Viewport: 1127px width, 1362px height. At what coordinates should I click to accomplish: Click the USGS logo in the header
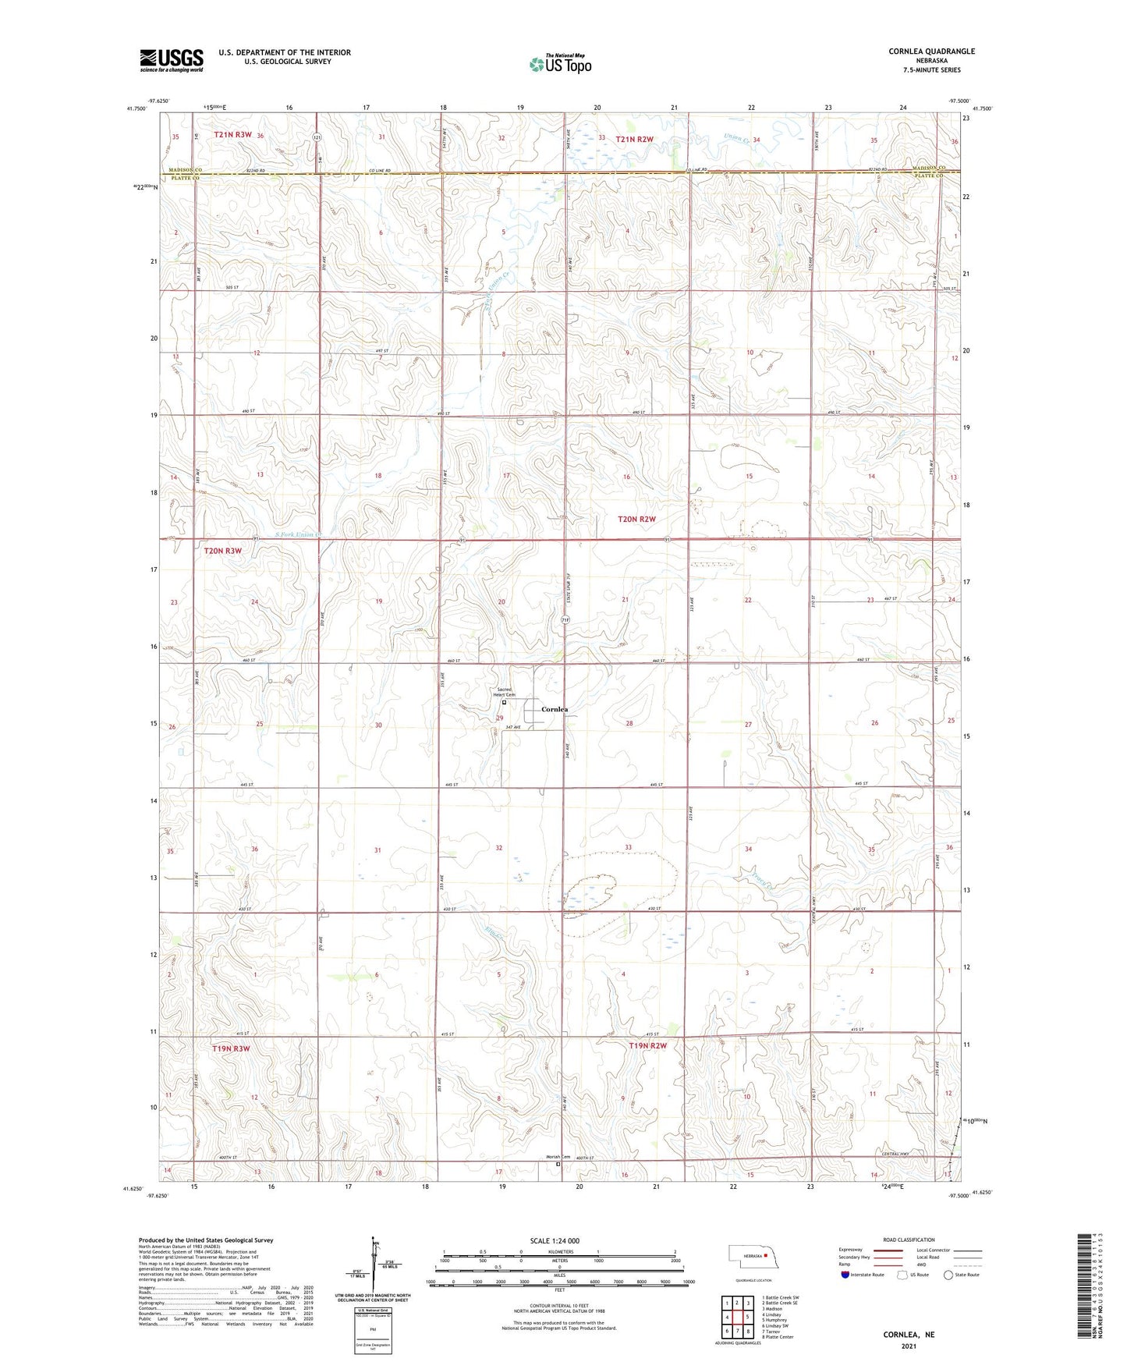172,60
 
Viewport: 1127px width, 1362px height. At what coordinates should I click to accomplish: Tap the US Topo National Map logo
559,63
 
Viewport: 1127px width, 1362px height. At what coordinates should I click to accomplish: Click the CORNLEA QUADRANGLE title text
931,51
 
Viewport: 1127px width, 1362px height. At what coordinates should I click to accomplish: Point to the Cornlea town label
555,709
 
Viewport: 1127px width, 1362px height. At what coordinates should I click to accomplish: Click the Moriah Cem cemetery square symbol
558,1165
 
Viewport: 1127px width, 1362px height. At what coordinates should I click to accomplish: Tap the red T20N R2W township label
636,519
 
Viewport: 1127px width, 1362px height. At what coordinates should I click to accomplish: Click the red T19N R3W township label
231,1049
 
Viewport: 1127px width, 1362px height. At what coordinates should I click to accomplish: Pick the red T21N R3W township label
232,135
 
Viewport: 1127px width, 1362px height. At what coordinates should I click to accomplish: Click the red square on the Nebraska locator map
766,1256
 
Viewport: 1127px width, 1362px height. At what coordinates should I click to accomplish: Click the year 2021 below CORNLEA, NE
909,1346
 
